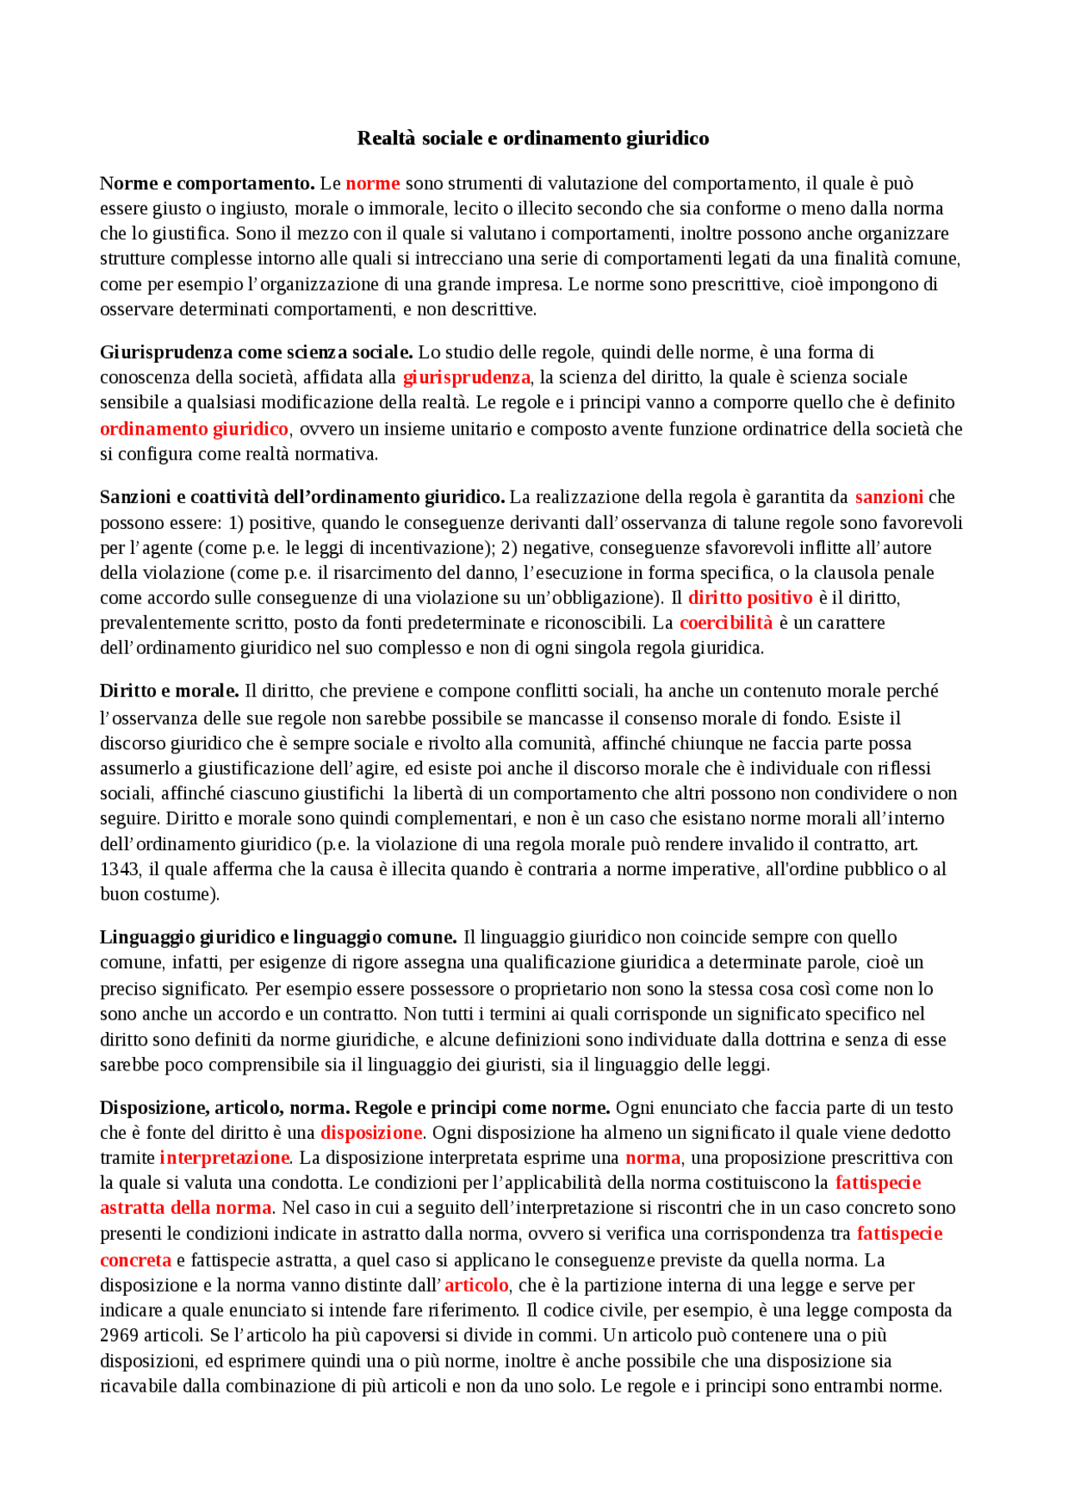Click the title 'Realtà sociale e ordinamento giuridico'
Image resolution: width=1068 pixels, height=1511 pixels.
[x=533, y=139]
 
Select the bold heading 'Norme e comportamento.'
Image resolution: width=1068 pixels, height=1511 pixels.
[x=207, y=184]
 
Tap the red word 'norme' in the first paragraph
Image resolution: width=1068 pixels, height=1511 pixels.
[x=373, y=184]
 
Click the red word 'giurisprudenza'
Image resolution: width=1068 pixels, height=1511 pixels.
[x=466, y=377]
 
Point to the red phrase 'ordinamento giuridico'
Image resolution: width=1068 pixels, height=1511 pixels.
[x=194, y=429]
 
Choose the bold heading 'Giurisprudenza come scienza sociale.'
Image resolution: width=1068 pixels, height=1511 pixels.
[x=256, y=352]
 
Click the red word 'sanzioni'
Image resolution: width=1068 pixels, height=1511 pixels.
[x=889, y=497]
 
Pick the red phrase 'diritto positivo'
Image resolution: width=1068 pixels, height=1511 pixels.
[x=750, y=598]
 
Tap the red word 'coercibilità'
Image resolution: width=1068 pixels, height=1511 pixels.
[x=726, y=623]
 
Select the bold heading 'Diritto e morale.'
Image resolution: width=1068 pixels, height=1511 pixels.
[x=169, y=691]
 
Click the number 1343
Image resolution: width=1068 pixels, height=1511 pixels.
[x=119, y=869]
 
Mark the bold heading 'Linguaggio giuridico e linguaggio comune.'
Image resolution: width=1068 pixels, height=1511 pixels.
[x=278, y=937]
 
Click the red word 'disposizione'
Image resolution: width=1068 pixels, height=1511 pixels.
[x=371, y=1133]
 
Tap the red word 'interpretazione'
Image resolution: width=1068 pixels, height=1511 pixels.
[x=224, y=1158]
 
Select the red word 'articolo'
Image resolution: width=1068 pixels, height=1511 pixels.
[x=476, y=1286]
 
